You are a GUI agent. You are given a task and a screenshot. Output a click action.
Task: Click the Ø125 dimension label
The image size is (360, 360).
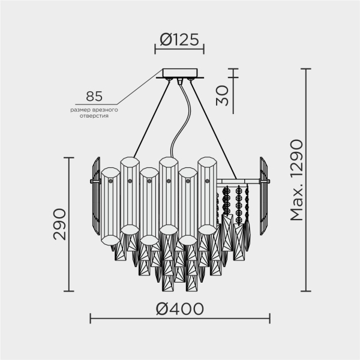pos(179,40)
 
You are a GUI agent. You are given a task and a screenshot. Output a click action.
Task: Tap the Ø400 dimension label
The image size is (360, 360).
pos(179,309)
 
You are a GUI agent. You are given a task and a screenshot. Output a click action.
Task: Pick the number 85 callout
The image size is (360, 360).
pos(94,96)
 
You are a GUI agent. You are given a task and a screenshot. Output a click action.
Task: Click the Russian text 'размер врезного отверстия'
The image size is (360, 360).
pos(94,113)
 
